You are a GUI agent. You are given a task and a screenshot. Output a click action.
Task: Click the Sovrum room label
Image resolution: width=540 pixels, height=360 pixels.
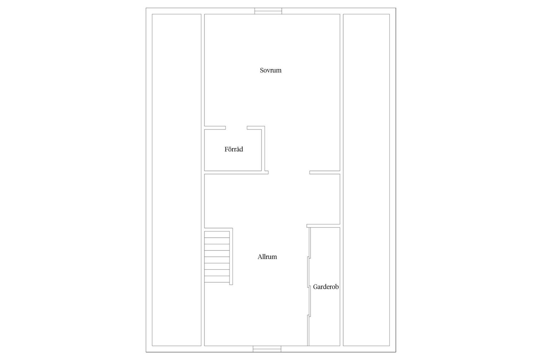click(x=271, y=70)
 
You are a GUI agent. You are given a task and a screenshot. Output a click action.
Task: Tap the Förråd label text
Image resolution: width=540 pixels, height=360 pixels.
click(x=234, y=149)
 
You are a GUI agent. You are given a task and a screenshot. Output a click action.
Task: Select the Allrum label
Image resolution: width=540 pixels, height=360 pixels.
click(x=267, y=257)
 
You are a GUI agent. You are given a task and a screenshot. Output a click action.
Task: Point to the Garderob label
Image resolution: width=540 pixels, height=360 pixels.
click(x=326, y=287)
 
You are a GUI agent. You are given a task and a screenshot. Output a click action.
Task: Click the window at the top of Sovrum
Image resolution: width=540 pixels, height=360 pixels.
click(x=268, y=11)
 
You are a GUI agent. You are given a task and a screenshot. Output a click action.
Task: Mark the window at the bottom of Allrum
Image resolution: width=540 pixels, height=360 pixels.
click(x=267, y=349)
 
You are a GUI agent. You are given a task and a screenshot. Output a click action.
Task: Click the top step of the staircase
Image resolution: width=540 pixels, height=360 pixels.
click(x=217, y=234)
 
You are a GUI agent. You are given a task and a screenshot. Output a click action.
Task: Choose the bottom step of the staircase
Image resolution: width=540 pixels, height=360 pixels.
click(x=217, y=279)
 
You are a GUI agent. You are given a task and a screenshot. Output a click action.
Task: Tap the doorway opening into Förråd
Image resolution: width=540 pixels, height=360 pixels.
click(x=236, y=128)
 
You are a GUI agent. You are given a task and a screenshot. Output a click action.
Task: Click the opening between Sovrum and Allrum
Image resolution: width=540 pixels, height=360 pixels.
click(x=289, y=172)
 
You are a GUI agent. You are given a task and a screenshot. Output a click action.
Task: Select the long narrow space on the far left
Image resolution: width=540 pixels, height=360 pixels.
click(x=177, y=180)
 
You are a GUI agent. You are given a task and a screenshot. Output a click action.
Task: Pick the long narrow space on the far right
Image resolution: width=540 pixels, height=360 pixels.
click(x=366, y=180)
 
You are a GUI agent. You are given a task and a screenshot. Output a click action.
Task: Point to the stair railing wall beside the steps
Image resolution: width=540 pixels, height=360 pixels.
click(x=231, y=256)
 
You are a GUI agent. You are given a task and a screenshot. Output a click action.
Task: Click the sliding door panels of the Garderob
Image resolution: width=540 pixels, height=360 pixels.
click(x=309, y=286)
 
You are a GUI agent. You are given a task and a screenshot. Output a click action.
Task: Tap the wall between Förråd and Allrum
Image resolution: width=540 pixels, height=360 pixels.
click(x=236, y=172)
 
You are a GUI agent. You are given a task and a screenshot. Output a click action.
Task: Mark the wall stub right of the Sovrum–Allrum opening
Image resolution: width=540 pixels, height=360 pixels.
click(x=325, y=172)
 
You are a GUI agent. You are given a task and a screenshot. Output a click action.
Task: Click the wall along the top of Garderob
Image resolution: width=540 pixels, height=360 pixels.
click(x=323, y=226)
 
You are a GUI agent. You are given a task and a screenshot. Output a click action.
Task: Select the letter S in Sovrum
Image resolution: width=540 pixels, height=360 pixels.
click(x=262, y=70)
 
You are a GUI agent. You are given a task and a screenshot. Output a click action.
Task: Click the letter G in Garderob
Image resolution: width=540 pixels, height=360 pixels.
click(x=315, y=287)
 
